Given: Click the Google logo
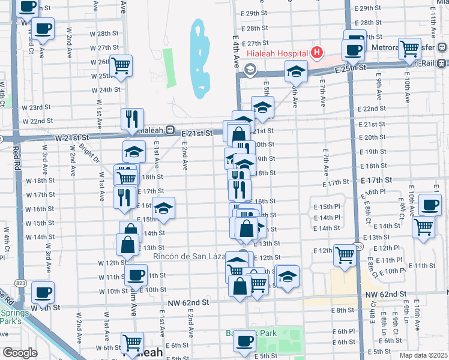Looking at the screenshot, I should [x=20, y=353].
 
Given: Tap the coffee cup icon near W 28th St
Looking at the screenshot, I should [x=43, y=28].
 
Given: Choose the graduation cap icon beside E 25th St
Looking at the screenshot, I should [x=295, y=71].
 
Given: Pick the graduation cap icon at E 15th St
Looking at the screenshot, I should [x=163, y=208].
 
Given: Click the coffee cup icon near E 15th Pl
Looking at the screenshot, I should [x=430, y=205].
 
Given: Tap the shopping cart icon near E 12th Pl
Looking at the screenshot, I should [x=345, y=254].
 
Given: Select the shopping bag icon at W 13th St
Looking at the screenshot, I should [x=127, y=244].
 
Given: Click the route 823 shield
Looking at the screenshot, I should [x=20, y=282].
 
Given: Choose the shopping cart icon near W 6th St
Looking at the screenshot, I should [x=133, y=342].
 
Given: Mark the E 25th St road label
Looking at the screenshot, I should [x=351, y=70].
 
